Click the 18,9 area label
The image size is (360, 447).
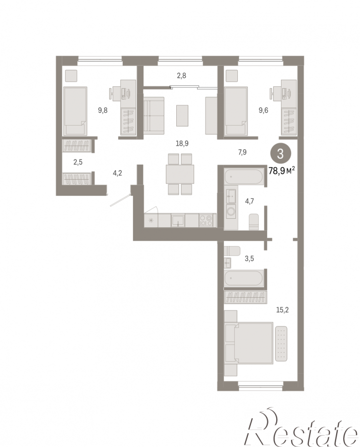click(182, 143)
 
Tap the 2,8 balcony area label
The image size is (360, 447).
click(181, 75)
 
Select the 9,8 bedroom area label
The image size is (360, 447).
click(103, 110)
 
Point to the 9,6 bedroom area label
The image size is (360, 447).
click(263, 110)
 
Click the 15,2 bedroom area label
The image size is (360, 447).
click(283, 310)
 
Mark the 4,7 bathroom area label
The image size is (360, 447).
click(249, 201)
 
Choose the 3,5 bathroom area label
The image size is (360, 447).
click(249, 258)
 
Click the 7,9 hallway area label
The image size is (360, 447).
click(242, 152)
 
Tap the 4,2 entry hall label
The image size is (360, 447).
click(118, 173)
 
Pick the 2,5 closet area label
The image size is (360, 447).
click(78, 162)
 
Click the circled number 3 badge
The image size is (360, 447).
click(281, 154)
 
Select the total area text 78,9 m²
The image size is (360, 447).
click(282, 171)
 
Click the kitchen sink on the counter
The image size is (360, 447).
click(178, 220)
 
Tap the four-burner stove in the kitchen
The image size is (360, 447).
click(206, 220)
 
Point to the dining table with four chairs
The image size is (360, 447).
click(180, 174)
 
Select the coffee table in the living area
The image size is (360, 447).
click(182, 116)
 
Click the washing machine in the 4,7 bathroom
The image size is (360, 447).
click(231, 211)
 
